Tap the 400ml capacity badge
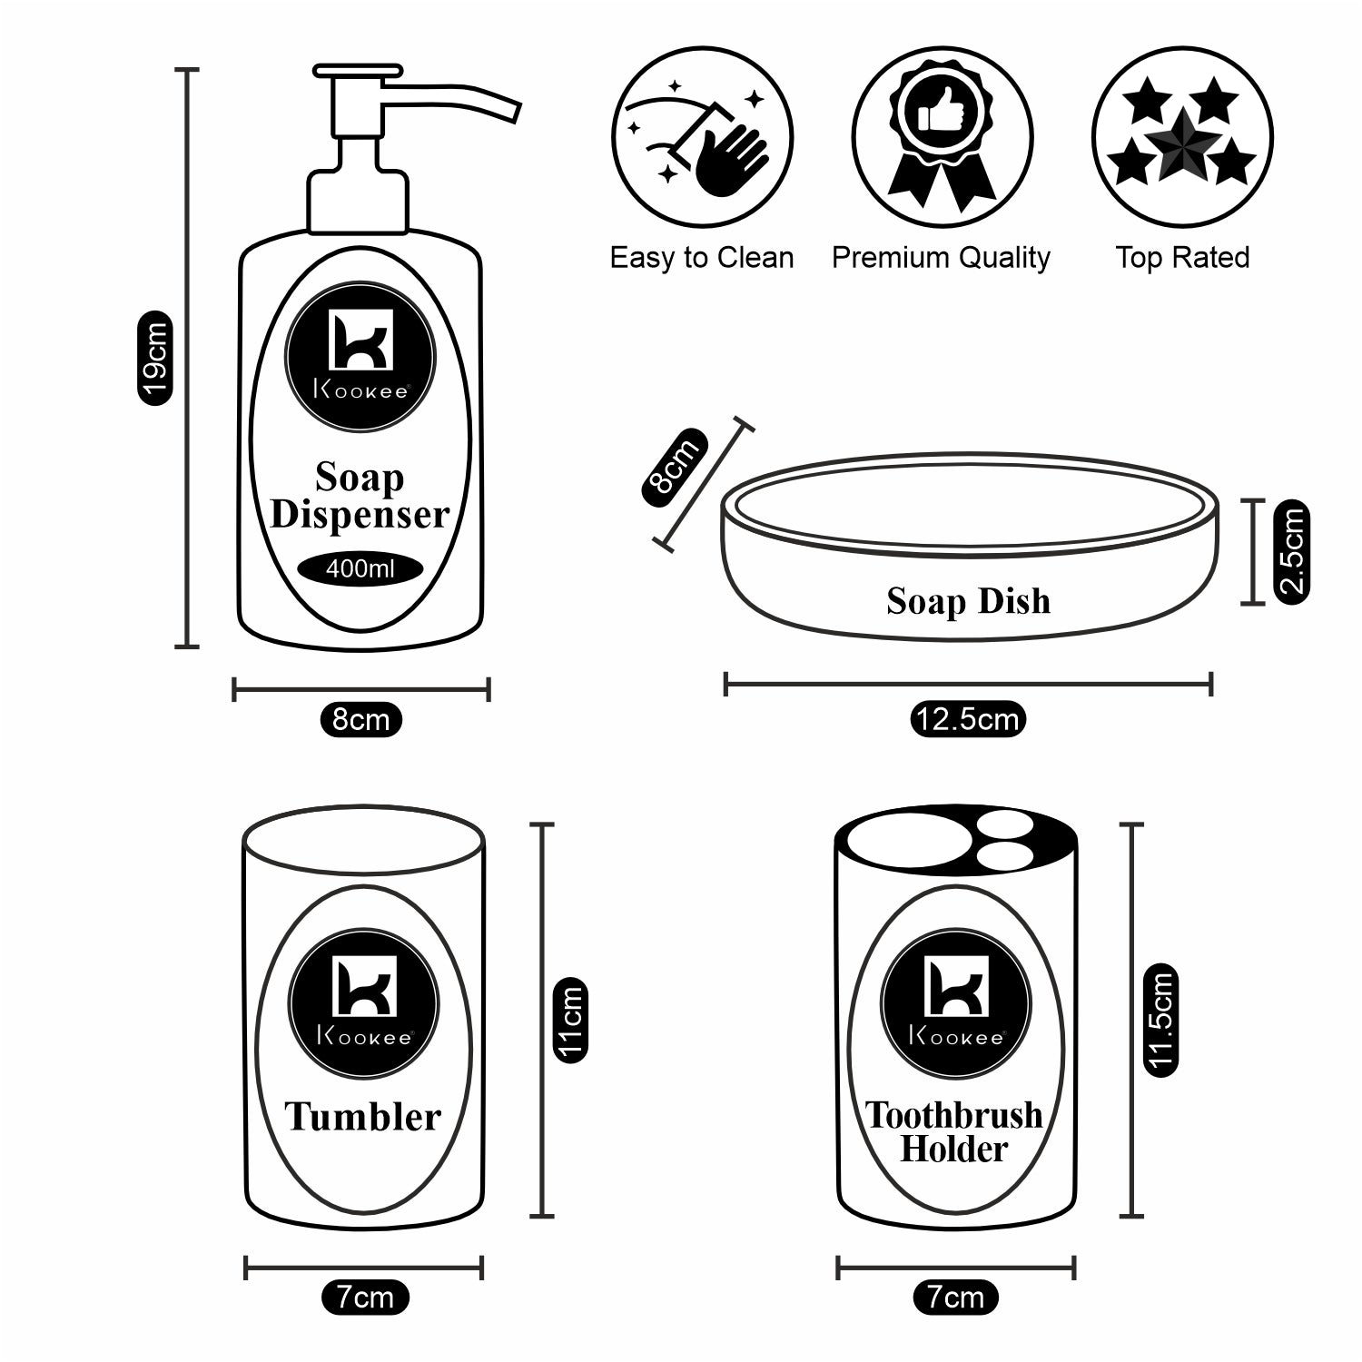[x=360, y=569]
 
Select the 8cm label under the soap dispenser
[x=360, y=719]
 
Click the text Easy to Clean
[x=701, y=258]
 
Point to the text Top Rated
[x=1182, y=258]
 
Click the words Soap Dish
[x=968, y=601]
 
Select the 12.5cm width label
[x=967, y=719]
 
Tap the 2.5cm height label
[x=1291, y=551]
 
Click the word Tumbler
[x=363, y=1116]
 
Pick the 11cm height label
[x=570, y=1020]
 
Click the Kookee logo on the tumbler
[x=363, y=1004]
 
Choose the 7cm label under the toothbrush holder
[x=954, y=1298]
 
